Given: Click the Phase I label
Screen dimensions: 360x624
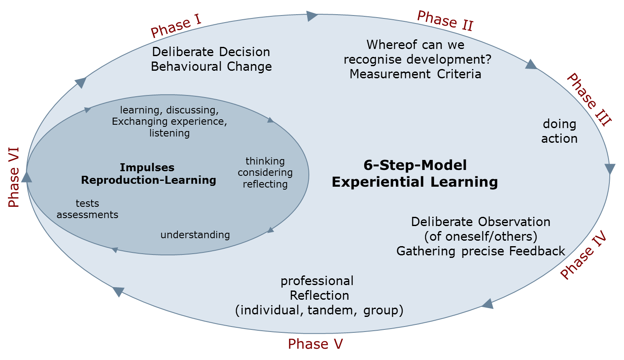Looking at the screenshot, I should coord(176,26).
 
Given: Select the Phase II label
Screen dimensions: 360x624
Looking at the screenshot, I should coord(445,21).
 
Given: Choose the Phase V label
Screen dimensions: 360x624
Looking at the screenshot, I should coord(315,344).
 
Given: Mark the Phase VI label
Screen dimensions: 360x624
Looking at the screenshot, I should coord(14,177).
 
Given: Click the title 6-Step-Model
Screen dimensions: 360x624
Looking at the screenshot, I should coord(415,165).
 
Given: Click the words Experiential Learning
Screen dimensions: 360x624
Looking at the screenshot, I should coord(415,182).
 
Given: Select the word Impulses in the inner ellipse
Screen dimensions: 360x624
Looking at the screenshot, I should coord(147,167).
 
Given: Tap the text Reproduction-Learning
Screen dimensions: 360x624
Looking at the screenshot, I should coord(149,180).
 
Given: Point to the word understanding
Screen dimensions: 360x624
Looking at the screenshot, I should coord(195,235).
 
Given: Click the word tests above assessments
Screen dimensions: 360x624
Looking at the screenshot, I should coord(87,203).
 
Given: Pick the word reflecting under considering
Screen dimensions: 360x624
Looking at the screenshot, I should coord(265,184).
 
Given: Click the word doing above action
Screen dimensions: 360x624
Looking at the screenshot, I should coord(560,124).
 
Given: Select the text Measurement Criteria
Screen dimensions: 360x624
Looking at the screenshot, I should coord(415,74).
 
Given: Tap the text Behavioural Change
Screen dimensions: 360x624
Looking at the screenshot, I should coord(211,67).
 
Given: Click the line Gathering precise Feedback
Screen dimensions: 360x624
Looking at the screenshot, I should coord(480,251).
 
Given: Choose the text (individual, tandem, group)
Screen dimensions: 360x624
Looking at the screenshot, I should coord(319,310).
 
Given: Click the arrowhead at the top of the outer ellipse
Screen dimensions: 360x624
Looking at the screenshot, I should coord(312,16).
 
